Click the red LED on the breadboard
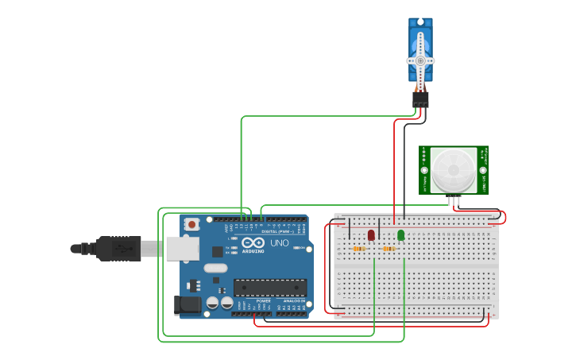click(x=371, y=235)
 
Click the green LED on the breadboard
click(x=400, y=235)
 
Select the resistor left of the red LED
click(x=358, y=249)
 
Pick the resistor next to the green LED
click(x=389, y=249)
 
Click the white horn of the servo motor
click(x=420, y=60)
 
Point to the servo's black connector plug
click(x=420, y=99)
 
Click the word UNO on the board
click(x=280, y=243)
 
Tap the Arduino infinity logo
click(x=253, y=242)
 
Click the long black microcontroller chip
click(x=269, y=288)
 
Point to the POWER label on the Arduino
click(x=263, y=301)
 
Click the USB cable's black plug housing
click(x=119, y=249)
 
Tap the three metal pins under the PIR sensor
click(x=454, y=201)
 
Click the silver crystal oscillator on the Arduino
click(x=215, y=268)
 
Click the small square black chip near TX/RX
click(x=218, y=251)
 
